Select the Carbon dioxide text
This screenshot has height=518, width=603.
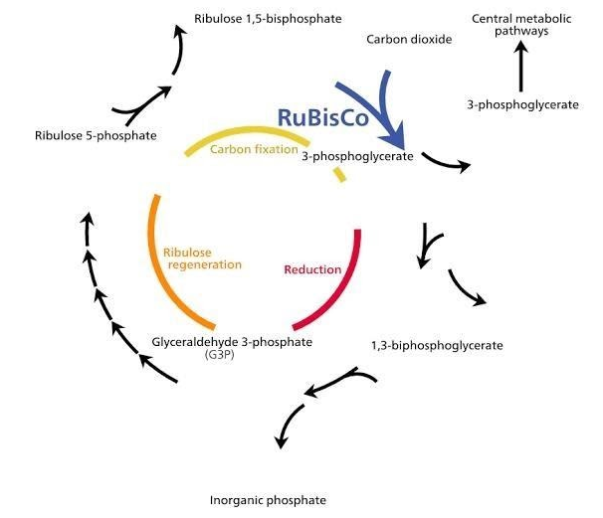tap(409, 40)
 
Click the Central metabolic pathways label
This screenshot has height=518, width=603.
tap(518, 25)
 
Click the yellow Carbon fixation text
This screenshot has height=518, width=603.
tap(254, 149)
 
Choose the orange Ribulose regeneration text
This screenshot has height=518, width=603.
tap(202, 258)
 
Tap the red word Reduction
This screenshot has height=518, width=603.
tap(312, 269)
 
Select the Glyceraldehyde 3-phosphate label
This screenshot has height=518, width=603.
tap(232, 342)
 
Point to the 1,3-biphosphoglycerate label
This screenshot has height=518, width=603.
tap(437, 346)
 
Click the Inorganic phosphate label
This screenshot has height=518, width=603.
tap(269, 500)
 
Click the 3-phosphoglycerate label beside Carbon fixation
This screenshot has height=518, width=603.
tap(357, 156)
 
